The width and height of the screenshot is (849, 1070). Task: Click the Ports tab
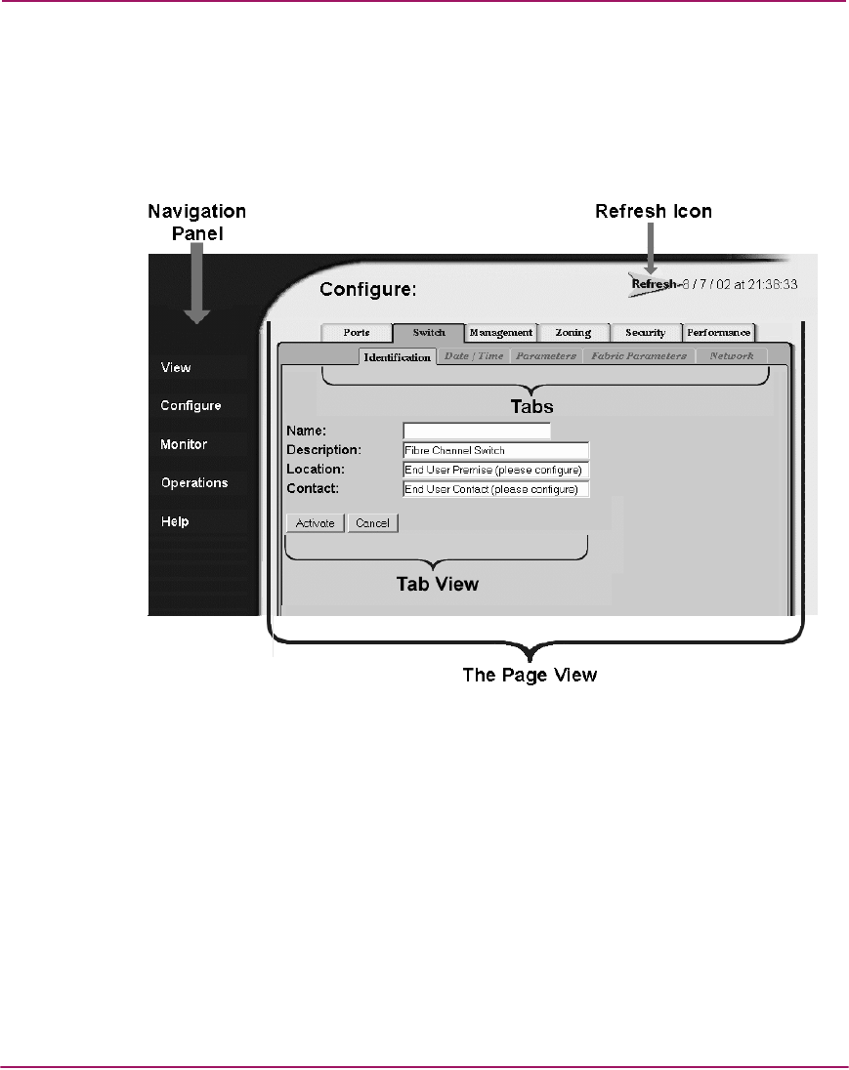click(x=357, y=333)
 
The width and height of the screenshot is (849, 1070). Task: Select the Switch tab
click(x=429, y=333)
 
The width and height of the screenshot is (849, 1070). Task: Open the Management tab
click(x=501, y=333)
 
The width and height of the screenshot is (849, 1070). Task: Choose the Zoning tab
click(x=573, y=333)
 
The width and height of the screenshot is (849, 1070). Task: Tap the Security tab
click(x=645, y=333)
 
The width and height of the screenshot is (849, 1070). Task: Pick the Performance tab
click(x=719, y=333)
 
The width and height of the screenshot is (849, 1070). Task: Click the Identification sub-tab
click(x=398, y=357)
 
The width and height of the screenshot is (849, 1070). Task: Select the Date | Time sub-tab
click(x=474, y=356)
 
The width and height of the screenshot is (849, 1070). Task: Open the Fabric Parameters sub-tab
click(x=639, y=356)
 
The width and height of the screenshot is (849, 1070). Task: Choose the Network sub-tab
click(x=732, y=356)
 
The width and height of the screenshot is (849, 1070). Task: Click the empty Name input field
click(x=477, y=431)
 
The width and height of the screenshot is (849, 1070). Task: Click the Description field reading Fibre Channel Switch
click(x=495, y=450)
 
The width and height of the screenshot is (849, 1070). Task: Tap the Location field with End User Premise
click(x=495, y=470)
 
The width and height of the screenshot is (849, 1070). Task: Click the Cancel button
click(x=372, y=523)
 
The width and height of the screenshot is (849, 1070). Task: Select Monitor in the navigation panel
click(x=184, y=444)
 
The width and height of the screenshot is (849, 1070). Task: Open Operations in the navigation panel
click(x=194, y=482)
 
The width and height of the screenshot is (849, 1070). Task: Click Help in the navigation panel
click(x=175, y=521)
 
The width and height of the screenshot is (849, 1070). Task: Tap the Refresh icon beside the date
click(x=651, y=285)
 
